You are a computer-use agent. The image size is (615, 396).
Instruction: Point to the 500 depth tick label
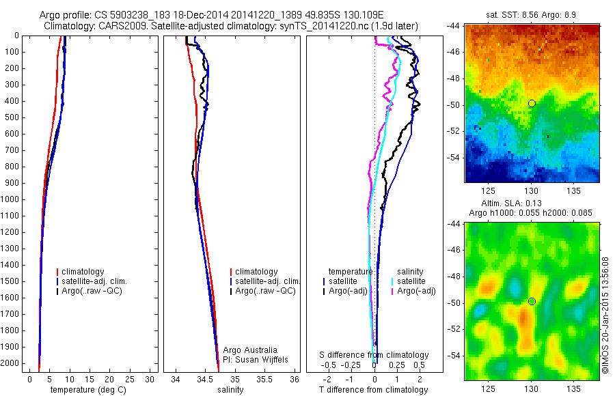click(12, 117)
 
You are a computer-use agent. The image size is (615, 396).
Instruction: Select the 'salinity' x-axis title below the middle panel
click(230, 390)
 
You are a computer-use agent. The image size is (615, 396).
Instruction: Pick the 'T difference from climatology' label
click(373, 390)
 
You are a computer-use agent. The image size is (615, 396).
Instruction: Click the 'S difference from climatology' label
click(374, 355)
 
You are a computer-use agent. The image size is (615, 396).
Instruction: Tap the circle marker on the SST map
click(532, 103)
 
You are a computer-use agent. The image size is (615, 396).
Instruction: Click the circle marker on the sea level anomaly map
click(532, 301)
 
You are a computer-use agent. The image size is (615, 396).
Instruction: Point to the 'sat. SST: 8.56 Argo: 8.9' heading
click(532, 14)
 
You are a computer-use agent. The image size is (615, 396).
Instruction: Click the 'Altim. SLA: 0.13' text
click(532, 203)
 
